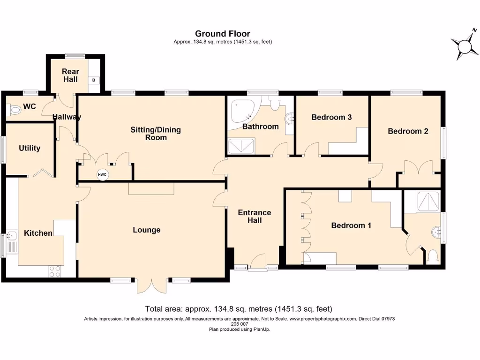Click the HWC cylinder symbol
[x=102, y=175]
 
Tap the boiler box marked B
[x=94, y=80]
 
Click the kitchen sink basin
[x=12, y=236]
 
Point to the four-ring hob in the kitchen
[x=55, y=271]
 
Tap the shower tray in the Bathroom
[x=241, y=146]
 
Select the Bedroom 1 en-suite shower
[x=428, y=202]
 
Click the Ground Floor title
[x=223, y=34]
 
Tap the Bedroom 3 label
[x=331, y=117]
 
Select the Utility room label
[x=30, y=148]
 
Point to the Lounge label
[x=147, y=230]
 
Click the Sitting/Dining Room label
[x=156, y=134]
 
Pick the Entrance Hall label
[x=255, y=217]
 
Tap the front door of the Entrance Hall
[x=257, y=262]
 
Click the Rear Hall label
[x=70, y=75]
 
